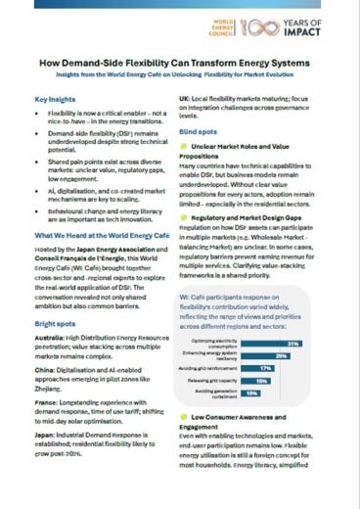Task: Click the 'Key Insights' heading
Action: click(x=56, y=100)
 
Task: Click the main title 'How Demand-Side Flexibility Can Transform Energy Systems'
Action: click(x=180, y=62)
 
